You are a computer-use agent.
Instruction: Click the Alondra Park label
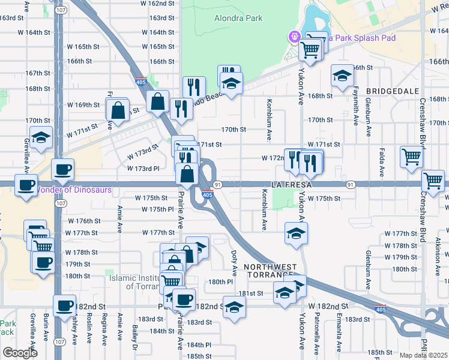238,18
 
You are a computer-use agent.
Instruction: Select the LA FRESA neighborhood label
292,184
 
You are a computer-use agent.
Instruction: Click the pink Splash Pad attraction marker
295,37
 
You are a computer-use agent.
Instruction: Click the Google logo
20,353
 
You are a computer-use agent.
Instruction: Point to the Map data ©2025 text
424,355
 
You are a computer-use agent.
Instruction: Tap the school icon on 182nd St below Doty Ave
234,306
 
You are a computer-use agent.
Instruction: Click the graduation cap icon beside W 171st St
41,137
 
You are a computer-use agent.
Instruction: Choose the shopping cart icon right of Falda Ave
412,157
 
